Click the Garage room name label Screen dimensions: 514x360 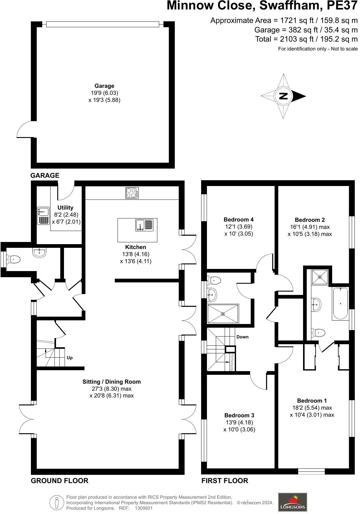click(x=104, y=86)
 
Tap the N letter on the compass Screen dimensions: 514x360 click(x=284, y=96)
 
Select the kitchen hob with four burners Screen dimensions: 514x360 click(x=132, y=193)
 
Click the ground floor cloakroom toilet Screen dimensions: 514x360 click(x=13, y=259)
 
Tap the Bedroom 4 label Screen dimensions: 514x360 click(x=238, y=219)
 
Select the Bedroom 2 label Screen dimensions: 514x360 click(x=309, y=220)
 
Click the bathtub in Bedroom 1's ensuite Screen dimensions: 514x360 click(x=340, y=304)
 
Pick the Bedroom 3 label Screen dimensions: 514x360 click(x=239, y=415)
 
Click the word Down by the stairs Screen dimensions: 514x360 click(x=242, y=337)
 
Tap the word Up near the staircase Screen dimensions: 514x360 click(x=70, y=358)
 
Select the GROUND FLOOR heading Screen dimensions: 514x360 click(x=59, y=481)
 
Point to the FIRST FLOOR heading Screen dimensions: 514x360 click(x=225, y=481)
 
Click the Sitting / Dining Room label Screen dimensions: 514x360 click(x=111, y=382)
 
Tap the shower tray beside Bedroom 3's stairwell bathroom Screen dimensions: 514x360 click(x=223, y=314)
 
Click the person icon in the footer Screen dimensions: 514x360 click(x=57, y=502)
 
